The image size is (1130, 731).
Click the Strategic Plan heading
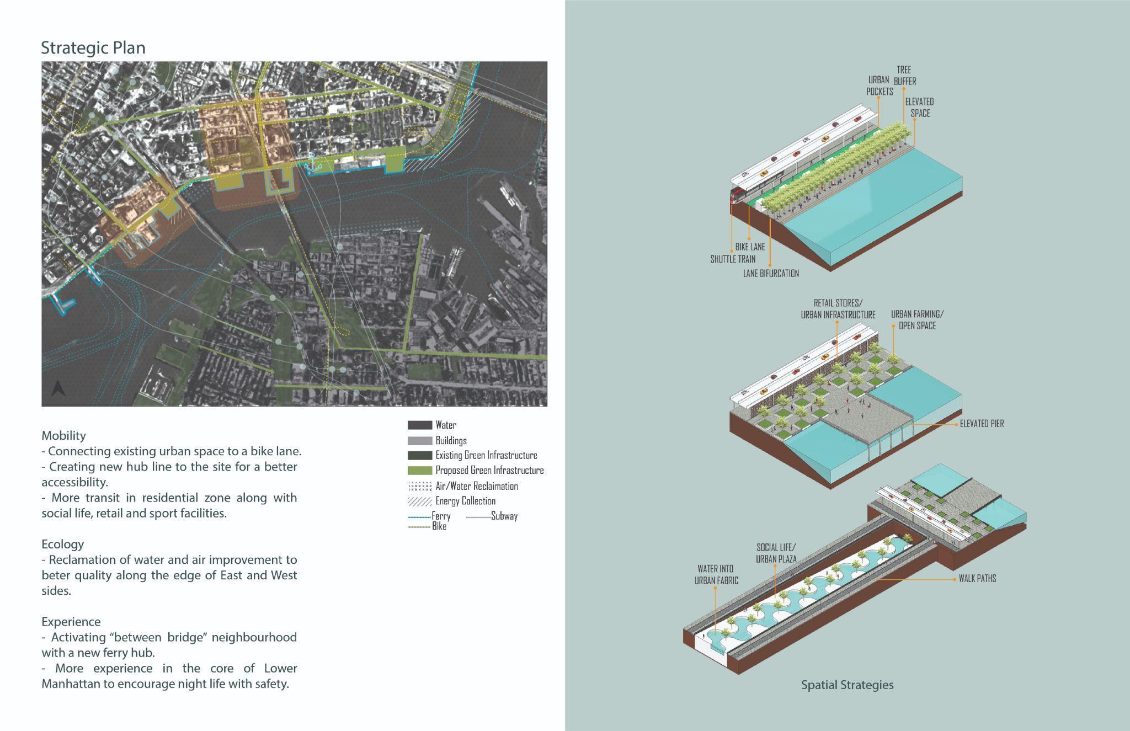[x=93, y=48]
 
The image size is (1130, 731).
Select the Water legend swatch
[x=419, y=425]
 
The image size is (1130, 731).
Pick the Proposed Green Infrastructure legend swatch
[x=419, y=471]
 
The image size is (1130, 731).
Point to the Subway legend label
[x=504, y=516]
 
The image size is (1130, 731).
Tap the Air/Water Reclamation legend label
[x=477, y=486]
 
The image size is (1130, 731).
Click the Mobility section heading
[x=63, y=435]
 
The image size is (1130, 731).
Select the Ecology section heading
[x=63, y=544]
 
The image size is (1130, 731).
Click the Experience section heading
[x=71, y=622]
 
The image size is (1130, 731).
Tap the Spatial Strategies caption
[x=847, y=685]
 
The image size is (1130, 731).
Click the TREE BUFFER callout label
[x=904, y=76]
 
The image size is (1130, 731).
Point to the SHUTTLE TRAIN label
[x=733, y=259]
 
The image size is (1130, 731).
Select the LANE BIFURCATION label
[x=771, y=273]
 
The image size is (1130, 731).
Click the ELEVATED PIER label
[x=982, y=424]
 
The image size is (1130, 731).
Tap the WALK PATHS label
[x=977, y=579]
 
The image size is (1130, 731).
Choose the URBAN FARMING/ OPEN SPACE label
[x=917, y=320]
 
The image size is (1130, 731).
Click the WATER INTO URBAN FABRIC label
[x=716, y=574]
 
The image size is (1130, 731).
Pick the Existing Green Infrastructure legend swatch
[x=419, y=456]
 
